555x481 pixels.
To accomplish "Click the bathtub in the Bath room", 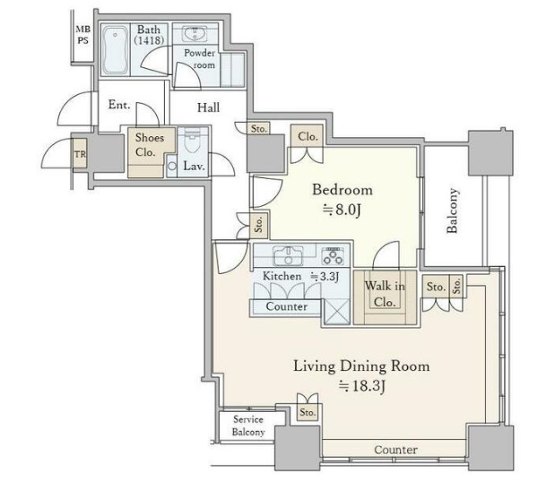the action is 116,49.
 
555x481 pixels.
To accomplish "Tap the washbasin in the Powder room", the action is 194,34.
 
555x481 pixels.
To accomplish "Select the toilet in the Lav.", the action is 193,140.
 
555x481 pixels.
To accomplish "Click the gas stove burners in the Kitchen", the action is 333,255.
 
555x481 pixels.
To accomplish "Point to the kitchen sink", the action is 288,255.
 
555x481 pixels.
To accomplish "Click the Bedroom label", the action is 343,190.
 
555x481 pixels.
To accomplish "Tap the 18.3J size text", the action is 361,386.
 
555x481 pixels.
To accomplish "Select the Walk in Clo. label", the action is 385,294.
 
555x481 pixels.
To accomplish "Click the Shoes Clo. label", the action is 149,145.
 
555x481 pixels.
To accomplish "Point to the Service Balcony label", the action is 248,425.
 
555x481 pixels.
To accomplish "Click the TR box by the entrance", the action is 80,154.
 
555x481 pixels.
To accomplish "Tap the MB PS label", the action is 82,35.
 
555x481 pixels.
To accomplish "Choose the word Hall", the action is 209,107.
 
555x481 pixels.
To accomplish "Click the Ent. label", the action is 119,105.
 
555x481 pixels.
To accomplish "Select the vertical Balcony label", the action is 453,210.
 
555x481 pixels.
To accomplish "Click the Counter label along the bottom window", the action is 395,450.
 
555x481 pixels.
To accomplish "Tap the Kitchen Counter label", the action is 286,306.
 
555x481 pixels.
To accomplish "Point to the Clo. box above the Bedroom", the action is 308,136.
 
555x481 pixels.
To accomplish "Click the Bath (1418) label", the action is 149,35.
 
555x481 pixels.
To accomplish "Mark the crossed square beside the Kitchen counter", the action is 336,312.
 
